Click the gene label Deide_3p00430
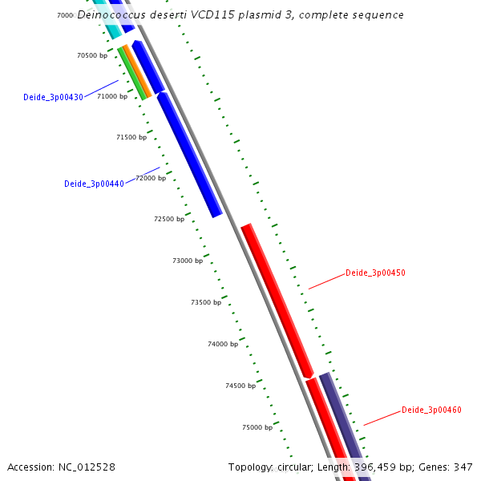(53, 98)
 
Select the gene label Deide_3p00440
(94, 184)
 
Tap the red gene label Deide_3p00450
(375, 273)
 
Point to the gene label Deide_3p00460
(431, 410)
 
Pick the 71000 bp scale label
(112, 96)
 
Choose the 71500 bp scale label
(131, 137)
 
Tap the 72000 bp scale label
(151, 178)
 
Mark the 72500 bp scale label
(169, 219)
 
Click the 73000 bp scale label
(188, 261)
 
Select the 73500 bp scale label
(206, 302)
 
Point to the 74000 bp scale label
(223, 344)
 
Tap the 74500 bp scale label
(240, 386)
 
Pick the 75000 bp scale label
(257, 427)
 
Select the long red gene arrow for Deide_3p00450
(277, 301)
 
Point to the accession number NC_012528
(86, 467)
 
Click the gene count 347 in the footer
(463, 467)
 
